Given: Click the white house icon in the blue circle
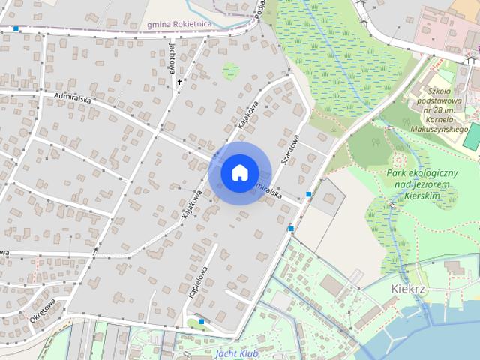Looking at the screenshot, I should click(x=239, y=172).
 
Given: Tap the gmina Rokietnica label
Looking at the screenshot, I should click(x=179, y=24).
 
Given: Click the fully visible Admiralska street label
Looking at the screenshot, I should click(x=73, y=97).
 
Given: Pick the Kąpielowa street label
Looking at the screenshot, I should click(x=196, y=282).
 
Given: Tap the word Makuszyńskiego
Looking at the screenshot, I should click(x=435, y=128).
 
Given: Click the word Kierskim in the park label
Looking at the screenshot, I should click(x=421, y=194).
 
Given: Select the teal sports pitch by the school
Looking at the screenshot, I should click(x=472, y=136).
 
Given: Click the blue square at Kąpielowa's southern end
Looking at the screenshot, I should click(x=201, y=322).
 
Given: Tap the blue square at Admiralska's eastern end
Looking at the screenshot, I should click(x=308, y=194).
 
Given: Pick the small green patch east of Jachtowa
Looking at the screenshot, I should click(x=230, y=70).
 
